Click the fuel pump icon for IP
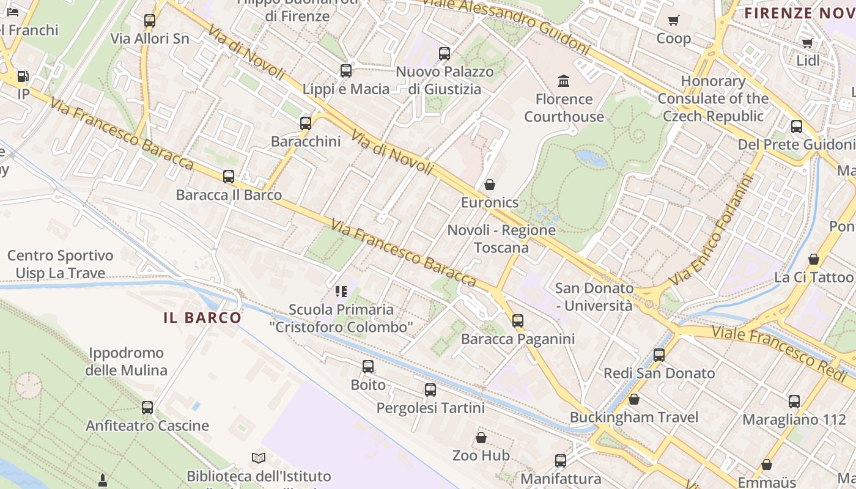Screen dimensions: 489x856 (x=23, y=76)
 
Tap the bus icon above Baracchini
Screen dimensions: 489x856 (x=306, y=123)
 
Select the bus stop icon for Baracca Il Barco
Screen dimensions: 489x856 (x=229, y=177)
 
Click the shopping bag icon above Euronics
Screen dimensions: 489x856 (x=489, y=185)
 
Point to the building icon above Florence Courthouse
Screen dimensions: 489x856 (x=564, y=81)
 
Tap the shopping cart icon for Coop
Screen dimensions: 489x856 (x=674, y=21)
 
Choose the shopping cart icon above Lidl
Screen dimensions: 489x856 (x=807, y=43)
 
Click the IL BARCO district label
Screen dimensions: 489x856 (x=202, y=318)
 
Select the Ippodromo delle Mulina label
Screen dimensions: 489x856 (x=126, y=361)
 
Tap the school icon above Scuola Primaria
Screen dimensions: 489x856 (x=341, y=292)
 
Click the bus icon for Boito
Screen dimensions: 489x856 (x=368, y=367)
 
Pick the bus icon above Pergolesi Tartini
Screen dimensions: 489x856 (x=430, y=390)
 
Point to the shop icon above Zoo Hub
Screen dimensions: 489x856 (x=481, y=438)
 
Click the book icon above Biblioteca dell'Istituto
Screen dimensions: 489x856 (x=259, y=458)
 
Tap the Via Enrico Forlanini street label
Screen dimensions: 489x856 (x=712, y=230)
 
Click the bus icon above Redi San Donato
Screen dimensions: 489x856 (x=659, y=355)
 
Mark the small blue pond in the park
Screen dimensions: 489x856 (x=592, y=158)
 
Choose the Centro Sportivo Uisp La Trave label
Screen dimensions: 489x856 (x=60, y=264)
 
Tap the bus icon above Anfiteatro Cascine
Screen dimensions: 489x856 (x=147, y=408)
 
